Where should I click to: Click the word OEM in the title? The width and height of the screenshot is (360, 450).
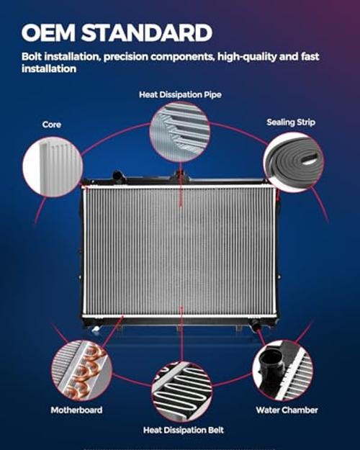(48, 32)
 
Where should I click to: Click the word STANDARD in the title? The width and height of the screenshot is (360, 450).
(147, 32)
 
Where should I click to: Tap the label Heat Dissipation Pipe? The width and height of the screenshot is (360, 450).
(180, 94)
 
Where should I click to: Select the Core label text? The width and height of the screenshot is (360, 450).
(52, 125)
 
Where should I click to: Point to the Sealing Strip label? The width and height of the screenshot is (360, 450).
(291, 122)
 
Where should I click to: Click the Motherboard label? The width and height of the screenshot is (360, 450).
(76, 410)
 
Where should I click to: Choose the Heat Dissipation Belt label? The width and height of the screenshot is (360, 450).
(184, 430)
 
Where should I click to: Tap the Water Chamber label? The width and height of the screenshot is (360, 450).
(287, 410)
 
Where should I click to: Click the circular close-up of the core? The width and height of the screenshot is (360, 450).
(53, 167)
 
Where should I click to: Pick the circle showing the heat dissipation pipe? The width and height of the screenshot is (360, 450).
(180, 132)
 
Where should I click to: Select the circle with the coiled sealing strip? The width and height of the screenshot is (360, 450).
(293, 162)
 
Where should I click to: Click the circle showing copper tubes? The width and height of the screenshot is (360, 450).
(82, 371)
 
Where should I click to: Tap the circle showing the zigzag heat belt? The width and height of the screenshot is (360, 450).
(182, 392)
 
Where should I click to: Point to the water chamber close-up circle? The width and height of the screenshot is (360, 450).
(283, 370)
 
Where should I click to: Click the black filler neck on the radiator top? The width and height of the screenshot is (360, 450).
(118, 176)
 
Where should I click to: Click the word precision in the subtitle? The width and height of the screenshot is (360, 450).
(126, 57)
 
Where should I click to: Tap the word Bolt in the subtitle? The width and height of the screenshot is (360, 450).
(32, 57)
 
